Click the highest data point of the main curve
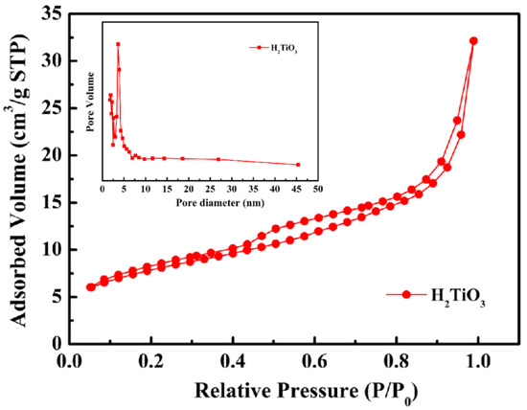tap(473, 41)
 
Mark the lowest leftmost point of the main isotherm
tap(90, 286)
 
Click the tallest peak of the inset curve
tap(118, 44)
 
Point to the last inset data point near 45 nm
tap(298, 165)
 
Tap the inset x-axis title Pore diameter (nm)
tap(201, 203)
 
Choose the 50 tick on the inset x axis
tap(317, 189)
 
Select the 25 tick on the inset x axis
tap(210, 189)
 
